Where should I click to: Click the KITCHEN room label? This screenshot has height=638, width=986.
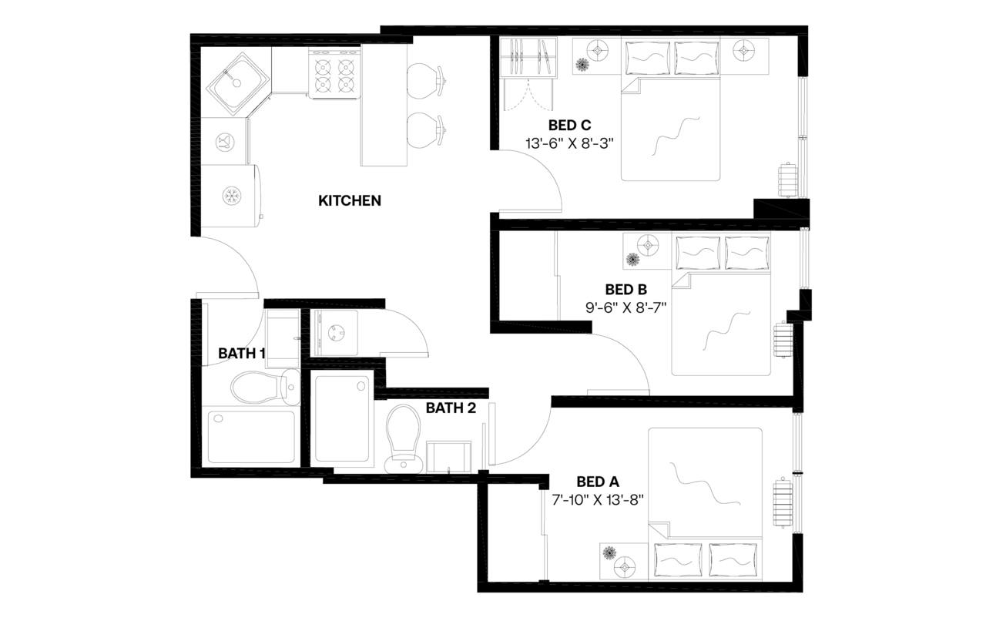tap(350, 201)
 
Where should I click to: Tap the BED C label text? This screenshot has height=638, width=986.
tap(569, 125)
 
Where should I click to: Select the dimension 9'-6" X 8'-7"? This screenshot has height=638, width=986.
tap(625, 307)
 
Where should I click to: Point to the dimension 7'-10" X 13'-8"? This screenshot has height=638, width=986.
tap(598, 499)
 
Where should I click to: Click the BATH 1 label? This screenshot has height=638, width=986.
tap(242, 354)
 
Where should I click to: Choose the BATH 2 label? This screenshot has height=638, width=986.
tap(451, 408)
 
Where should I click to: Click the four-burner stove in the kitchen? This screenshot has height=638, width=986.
tap(335, 74)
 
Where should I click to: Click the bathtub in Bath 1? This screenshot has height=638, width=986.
tap(251, 437)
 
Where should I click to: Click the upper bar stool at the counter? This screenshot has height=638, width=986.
tap(423, 79)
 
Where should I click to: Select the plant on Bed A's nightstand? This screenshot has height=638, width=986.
tap(610, 553)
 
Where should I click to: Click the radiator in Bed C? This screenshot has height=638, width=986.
tap(786, 181)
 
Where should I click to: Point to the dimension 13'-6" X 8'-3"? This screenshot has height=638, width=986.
tap(569, 143)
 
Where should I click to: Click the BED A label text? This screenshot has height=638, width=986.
tap(597, 482)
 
